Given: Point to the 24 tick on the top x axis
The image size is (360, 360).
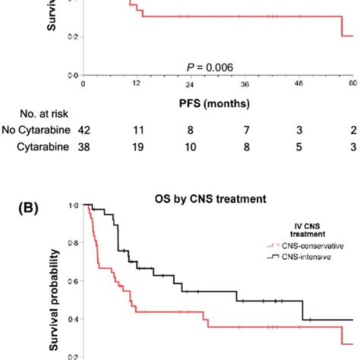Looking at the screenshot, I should [x=182, y=86].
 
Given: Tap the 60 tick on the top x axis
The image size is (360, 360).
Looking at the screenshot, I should [x=352, y=86].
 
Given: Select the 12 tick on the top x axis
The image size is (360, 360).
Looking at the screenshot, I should [x=139, y=86].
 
